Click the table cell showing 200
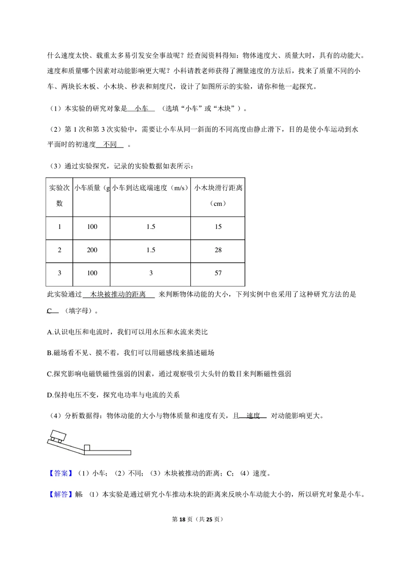[x=92, y=250]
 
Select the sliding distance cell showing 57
[x=218, y=273]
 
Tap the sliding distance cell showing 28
[x=218, y=250]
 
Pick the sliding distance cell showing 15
[x=218, y=227]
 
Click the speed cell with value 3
[x=151, y=273]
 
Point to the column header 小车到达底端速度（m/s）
[x=150, y=188]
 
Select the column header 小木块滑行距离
[x=218, y=188]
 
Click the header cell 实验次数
[x=59, y=195]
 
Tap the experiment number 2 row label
[x=59, y=250]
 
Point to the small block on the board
[x=87, y=448]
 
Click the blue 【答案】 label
[x=61, y=473]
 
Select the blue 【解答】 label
[x=61, y=494]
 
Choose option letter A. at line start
[x=50, y=332]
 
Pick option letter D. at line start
[x=50, y=395]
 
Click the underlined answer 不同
[x=110, y=145]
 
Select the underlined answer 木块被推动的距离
[x=118, y=294]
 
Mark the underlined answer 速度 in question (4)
[x=253, y=416]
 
